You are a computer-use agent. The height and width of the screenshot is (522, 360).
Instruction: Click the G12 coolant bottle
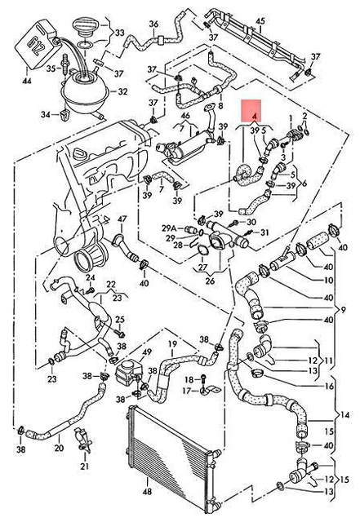pyautogui.click(x=37, y=44)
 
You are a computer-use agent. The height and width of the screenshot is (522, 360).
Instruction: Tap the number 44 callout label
pyautogui.click(x=27, y=81)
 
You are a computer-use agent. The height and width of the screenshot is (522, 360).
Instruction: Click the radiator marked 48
pyautogui.click(x=169, y=459)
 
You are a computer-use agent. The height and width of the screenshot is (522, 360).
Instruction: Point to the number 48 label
pyautogui.click(x=147, y=491)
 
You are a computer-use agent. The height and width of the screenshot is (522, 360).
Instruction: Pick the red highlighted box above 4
pyautogui.click(x=251, y=109)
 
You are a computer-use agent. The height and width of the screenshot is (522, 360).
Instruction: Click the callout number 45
pyautogui.click(x=260, y=21)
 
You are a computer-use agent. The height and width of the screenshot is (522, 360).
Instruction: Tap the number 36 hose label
pyautogui.click(x=153, y=24)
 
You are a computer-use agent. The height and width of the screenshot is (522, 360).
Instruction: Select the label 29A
pyautogui.click(x=169, y=228)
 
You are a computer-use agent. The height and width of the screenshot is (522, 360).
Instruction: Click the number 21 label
pyautogui.click(x=85, y=466)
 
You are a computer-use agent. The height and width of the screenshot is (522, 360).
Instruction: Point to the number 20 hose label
pyautogui.click(x=59, y=448)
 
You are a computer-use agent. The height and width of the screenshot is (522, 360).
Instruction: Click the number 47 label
pyautogui.click(x=122, y=219)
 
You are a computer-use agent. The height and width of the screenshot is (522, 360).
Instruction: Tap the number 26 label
pyautogui.click(x=210, y=281)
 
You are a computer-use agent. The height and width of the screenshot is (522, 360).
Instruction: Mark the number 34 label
pyautogui.click(x=46, y=115)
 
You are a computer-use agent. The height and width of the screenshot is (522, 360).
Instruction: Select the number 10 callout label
pyautogui.click(x=329, y=281)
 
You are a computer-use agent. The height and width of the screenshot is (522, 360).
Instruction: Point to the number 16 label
pyautogui.click(x=329, y=386)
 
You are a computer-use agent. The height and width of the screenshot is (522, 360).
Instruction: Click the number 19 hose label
pyautogui.click(x=172, y=344)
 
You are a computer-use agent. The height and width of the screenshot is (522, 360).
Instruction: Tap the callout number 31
pyautogui.click(x=264, y=232)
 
